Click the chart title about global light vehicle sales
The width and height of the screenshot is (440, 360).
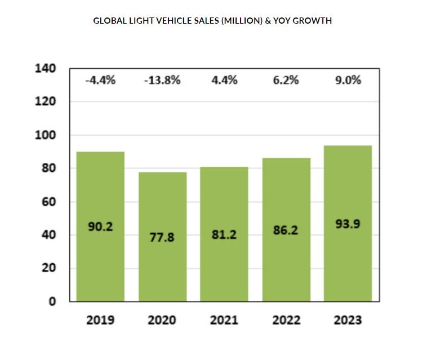coord(212,21)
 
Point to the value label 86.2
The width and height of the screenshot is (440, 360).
coord(286,230)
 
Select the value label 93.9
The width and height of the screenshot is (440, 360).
coord(348,224)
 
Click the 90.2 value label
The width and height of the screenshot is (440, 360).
coord(100,227)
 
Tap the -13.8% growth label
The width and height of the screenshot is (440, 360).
coord(162,80)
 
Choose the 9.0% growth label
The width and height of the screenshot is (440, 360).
coord(348,80)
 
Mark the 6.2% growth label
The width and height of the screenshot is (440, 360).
coord(286,80)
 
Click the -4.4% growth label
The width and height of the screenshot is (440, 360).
coord(100,80)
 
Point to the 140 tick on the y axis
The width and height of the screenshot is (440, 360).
coord(45,69)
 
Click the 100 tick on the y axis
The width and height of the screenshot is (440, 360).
coord(45,135)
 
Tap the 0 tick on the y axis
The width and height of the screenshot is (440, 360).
coord(52,301)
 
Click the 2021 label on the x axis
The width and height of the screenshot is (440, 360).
coord(224,320)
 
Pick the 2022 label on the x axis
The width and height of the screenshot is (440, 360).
coord(286,320)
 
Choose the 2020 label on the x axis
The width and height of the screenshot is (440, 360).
coord(162,320)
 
